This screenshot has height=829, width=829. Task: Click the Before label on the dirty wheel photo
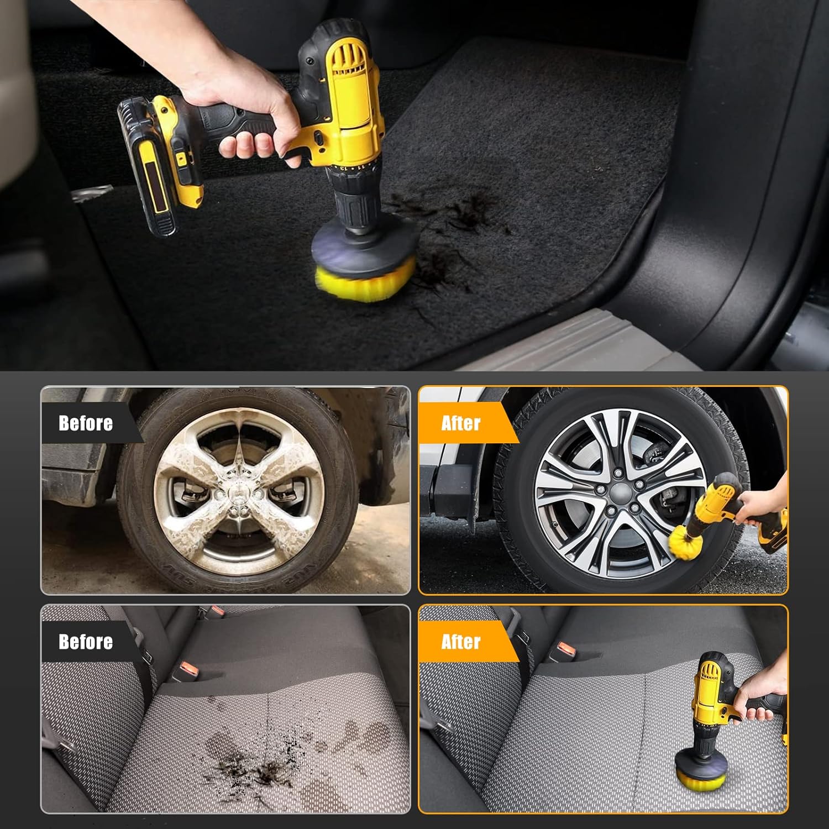coord(86,423)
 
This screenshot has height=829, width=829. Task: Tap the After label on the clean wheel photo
coord(461,423)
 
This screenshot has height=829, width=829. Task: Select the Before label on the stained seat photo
coord(86,642)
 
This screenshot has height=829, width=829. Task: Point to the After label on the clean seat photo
coord(461,642)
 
